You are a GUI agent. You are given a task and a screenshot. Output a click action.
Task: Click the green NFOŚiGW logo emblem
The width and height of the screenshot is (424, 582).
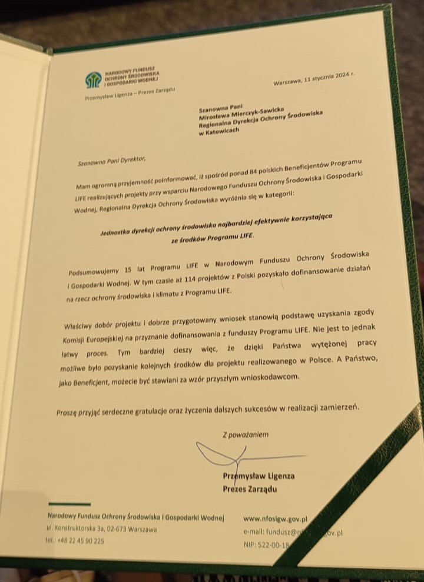(93, 78)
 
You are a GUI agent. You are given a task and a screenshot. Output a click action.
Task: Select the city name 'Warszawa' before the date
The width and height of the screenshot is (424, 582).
(287, 82)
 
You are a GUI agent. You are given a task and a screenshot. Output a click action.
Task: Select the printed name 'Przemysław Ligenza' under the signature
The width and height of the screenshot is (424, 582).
(259, 476)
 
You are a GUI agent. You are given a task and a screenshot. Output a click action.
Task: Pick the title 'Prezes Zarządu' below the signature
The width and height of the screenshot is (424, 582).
(250, 489)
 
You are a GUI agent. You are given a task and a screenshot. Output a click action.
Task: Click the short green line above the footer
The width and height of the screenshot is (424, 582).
(69, 504)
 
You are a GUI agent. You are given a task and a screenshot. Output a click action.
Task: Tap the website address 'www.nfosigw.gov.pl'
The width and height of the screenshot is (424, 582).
(276, 520)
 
